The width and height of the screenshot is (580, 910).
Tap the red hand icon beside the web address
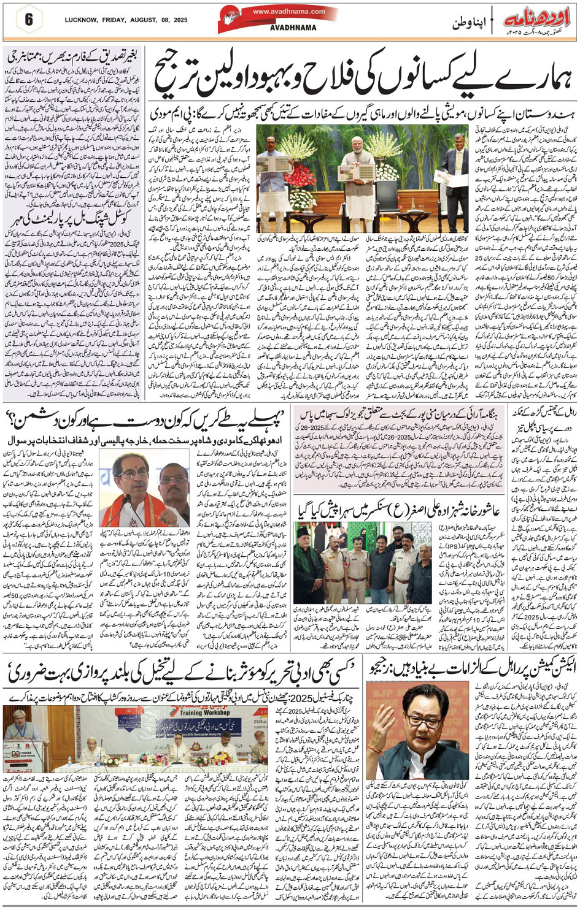pos(231,16)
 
